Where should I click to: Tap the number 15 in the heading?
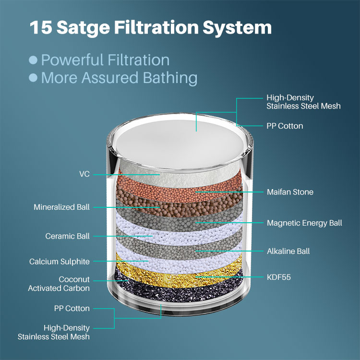41,27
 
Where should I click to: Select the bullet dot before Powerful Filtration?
33,60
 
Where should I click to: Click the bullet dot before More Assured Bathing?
33,78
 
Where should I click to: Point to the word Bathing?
170,78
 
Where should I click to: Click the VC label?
84,174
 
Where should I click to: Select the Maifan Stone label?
290,192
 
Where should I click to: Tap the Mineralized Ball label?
61,207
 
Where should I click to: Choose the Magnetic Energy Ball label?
304,223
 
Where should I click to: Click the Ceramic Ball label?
67,236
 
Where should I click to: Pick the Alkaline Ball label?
288,251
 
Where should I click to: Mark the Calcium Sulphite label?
59,262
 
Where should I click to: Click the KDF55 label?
279,277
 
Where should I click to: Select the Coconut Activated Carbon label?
59,284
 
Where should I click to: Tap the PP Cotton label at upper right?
285,126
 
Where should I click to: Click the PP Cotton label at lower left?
72,308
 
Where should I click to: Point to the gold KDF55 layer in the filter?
179,276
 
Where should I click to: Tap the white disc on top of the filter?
180,144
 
